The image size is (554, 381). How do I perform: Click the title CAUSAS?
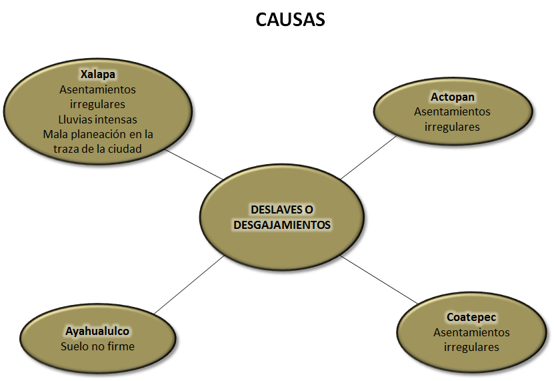pyautogui.click(x=290, y=20)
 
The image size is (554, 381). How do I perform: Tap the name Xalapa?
pyautogui.click(x=97, y=73)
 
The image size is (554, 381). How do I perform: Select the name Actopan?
pyautogui.click(x=452, y=97)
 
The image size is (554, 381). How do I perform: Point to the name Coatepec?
pyautogui.click(x=471, y=317)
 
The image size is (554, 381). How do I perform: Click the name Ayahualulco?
pyautogui.click(x=97, y=331)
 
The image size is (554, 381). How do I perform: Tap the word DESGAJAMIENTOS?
pyautogui.click(x=282, y=225)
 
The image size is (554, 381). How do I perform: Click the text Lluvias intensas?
pyautogui.click(x=97, y=119)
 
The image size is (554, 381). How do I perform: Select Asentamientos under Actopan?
pyautogui.click(x=452, y=112)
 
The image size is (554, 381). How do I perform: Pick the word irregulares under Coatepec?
pyautogui.click(x=471, y=347)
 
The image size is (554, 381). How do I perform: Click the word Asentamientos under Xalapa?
pyautogui.click(x=97, y=89)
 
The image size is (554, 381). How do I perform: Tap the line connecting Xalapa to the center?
pyautogui.click(x=193, y=163)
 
